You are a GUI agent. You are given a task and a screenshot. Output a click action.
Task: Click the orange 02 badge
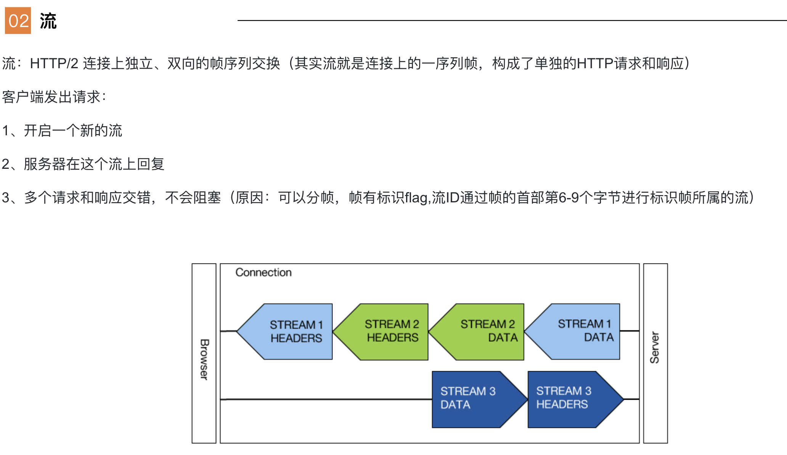pos(18,21)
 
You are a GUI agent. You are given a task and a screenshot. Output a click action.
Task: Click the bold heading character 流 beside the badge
pos(48,21)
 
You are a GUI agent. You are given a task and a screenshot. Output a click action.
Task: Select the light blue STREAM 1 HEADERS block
pos(284,332)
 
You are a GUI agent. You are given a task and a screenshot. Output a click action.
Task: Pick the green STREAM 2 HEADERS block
pos(381,332)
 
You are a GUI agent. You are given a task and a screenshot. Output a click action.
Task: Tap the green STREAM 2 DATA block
pos(476,332)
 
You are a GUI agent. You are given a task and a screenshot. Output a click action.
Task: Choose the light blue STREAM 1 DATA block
pos(572,332)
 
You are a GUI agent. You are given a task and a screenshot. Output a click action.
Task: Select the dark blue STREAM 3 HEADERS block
pos(575,399)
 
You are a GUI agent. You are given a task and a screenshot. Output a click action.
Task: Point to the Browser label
pos(204,359)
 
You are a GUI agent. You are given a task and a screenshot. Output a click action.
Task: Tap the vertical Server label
pos(655,348)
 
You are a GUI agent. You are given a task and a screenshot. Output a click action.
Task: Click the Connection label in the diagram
pos(263,272)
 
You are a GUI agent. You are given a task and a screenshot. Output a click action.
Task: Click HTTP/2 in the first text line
pos(54,63)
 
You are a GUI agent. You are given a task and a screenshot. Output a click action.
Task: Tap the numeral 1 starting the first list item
pos(5,131)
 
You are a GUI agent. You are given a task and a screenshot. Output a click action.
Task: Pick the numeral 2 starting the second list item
pos(6,164)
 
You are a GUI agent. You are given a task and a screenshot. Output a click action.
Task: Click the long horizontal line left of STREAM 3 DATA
pos(326,399)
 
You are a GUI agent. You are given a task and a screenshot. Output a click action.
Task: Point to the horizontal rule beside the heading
pos(512,20)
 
